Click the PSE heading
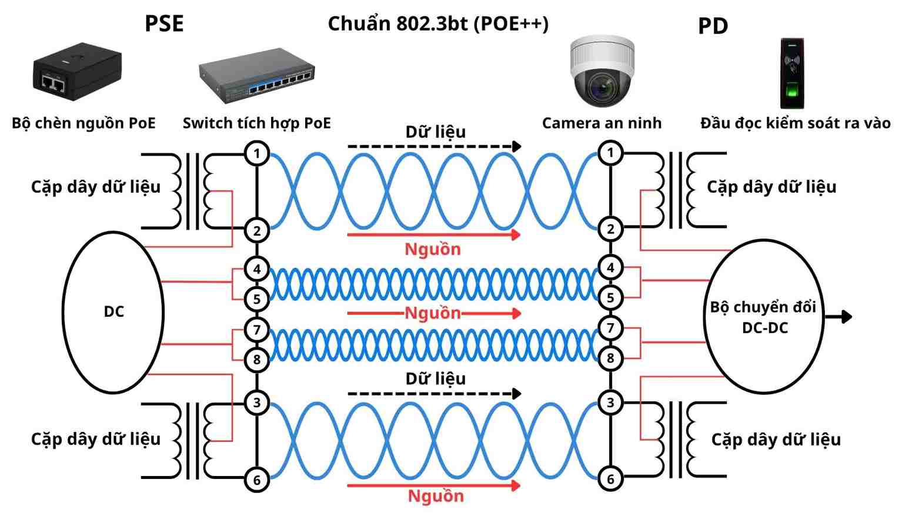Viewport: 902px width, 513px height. [164, 24]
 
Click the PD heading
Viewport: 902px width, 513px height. [713, 26]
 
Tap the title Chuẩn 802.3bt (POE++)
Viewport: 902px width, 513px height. [438, 24]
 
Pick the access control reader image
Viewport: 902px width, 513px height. [791, 74]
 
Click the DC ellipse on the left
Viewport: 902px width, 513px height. [113, 311]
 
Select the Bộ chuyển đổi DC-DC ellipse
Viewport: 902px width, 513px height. [763, 317]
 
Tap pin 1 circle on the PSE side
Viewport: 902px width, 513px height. [257, 154]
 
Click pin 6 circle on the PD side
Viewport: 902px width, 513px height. [610, 479]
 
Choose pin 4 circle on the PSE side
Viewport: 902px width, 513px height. [257, 269]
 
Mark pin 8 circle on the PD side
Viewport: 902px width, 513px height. [610, 358]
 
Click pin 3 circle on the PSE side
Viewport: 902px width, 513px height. [257, 403]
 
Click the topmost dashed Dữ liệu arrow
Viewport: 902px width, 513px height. [434, 146]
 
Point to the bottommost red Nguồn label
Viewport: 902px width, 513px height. [436, 496]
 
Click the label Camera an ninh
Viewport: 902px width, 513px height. [602, 123]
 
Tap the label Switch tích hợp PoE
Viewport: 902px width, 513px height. [256, 123]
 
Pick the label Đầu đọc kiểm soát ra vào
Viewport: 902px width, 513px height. [795, 123]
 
